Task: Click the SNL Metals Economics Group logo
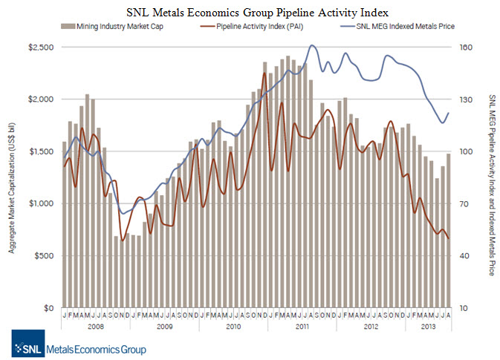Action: [79, 349]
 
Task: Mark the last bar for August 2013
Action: [448, 230]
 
